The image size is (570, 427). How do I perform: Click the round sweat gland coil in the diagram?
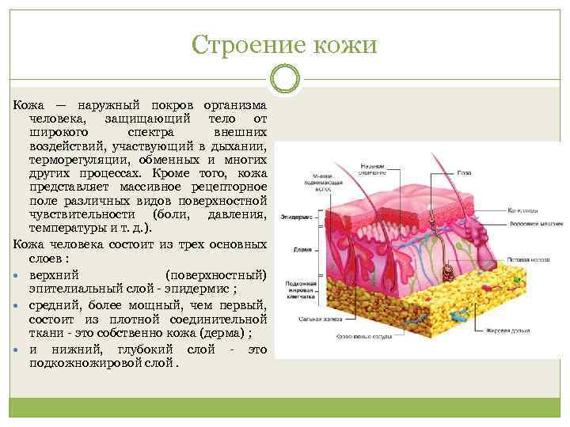(x=448, y=273)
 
